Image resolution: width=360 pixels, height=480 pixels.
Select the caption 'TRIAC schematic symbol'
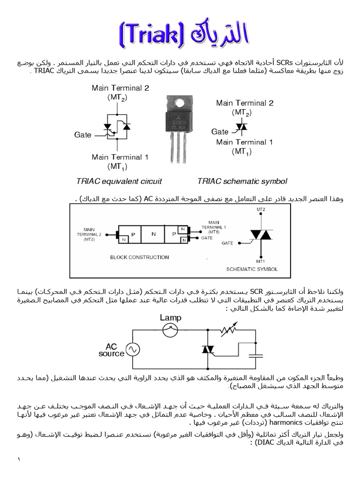(x=242, y=181)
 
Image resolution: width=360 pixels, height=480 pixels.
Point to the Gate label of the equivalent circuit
(x=83, y=135)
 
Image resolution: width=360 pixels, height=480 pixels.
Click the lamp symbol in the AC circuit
(x=170, y=330)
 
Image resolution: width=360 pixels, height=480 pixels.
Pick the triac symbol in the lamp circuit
(x=207, y=349)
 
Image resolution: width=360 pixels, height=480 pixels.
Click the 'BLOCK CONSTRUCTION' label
(x=133, y=257)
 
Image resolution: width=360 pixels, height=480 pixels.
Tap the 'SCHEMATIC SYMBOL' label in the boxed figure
(x=252, y=270)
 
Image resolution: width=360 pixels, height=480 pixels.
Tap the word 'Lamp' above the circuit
(x=171, y=318)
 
